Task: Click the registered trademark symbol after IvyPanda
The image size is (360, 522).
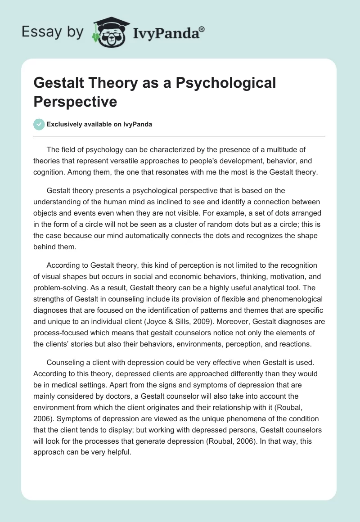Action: point(202,29)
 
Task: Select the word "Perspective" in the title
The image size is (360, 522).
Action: point(75,101)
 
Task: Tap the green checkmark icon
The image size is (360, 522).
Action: point(39,124)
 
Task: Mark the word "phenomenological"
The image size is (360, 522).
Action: point(274,298)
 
